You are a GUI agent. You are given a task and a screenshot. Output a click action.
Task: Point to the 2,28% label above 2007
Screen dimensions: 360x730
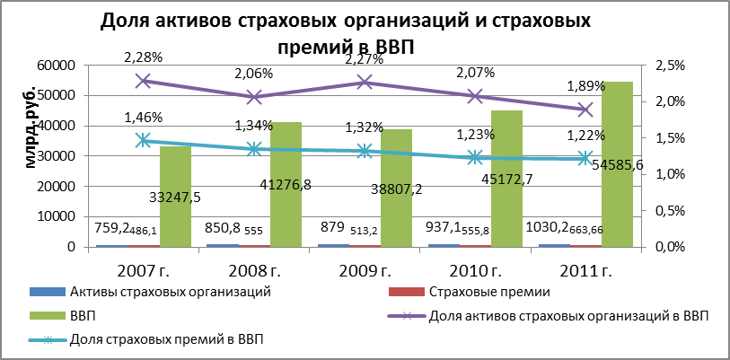(143, 57)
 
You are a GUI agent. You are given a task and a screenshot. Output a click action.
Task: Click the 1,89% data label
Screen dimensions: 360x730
(585, 86)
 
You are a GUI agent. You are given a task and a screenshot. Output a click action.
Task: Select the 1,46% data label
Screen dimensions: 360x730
(143, 117)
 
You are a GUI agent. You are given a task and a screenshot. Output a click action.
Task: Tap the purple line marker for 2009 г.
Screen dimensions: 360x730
(365, 83)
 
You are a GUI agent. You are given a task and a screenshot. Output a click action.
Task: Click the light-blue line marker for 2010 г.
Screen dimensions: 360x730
(474, 157)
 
